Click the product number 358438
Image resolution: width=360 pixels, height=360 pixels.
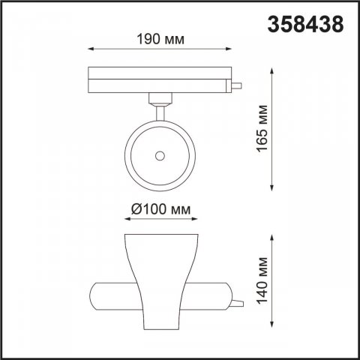pos(307,24)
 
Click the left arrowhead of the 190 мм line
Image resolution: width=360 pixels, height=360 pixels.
pos(91,52)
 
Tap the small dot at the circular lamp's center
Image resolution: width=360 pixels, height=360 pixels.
pos(160,155)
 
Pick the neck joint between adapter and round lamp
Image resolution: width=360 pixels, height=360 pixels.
pos(159,105)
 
